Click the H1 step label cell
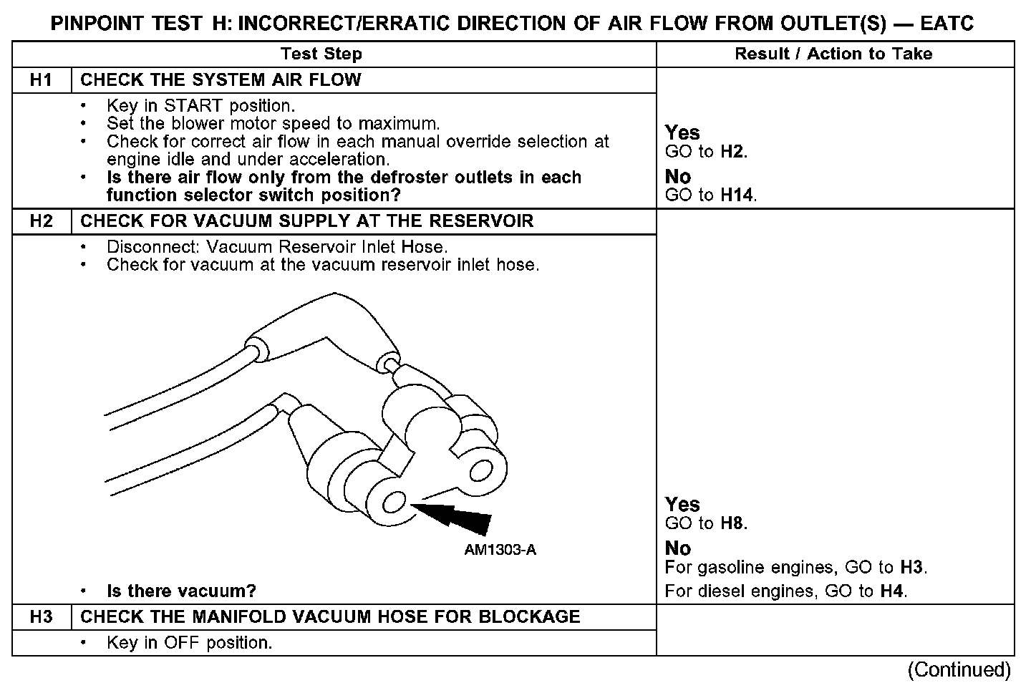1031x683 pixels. [42, 80]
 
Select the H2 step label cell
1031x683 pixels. [42, 221]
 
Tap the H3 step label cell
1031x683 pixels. [42, 617]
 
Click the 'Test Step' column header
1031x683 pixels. [321, 54]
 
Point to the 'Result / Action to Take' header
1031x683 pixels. [833, 54]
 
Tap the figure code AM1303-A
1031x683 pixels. [500, 550]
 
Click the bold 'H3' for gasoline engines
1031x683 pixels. [911, 568]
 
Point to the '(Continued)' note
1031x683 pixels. [959, 670]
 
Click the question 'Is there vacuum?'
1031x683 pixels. [181, 591]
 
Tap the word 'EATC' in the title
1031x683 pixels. [947, 24]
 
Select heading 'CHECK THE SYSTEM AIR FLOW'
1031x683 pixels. [221, 80]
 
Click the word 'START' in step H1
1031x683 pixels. [193, 106]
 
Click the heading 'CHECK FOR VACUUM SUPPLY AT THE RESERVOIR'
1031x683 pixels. [306, 221]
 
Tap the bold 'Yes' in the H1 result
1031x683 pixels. [682, 133]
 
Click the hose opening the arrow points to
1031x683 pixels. [395, 502]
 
